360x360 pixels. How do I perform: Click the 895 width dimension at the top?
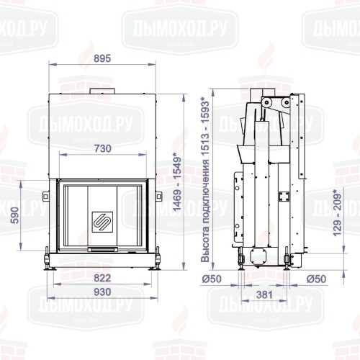pyautogui.click(x=103, y=59)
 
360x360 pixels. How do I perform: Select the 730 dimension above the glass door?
pyautogui.click(x=103, y=148)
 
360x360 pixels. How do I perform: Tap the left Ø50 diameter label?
pyautogui.click(x=212, y=279)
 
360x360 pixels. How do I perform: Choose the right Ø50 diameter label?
pyautogui.click(x=317, y=279)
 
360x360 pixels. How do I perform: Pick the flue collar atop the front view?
pyautogui.click(x=103, y=91)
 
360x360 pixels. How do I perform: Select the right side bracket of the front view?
pyautogui.click(x=158, y=195)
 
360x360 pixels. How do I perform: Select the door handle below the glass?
pyautogui.click(x=103, y=250)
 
